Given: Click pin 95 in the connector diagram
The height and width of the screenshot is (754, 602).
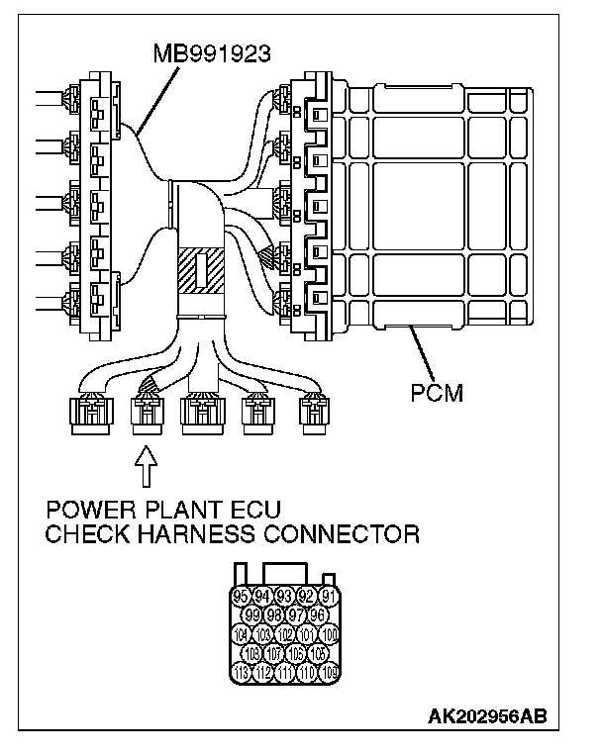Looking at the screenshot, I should (x=240, y=597).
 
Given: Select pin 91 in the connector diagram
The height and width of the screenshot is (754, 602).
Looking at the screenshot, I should (x=330, y=597).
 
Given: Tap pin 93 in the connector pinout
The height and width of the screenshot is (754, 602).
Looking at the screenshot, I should (x=285, y=597).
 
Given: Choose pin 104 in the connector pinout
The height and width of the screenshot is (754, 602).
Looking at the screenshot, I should (x=240, y=634).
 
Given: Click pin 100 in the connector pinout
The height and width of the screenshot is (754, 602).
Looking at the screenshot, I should (x=330, y=634).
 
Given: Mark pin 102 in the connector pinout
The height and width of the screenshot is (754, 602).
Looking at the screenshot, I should (x=285, y=634).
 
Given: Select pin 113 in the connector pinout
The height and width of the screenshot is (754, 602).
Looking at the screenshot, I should (x=240, y=673).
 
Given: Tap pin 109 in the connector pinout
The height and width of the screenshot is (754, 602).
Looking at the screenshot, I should (x=330, y=673).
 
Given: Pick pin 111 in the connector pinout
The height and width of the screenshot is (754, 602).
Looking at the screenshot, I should (x=285, y=673).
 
